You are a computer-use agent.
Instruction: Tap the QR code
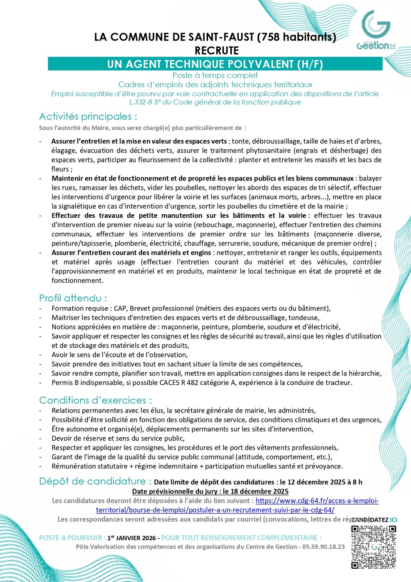[373, 547]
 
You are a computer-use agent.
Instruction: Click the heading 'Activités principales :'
[88, 117]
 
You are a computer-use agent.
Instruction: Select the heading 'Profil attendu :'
[73, 298]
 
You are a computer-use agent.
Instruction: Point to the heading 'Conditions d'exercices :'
[95, 400]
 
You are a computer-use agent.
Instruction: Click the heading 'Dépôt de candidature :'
[95, 481]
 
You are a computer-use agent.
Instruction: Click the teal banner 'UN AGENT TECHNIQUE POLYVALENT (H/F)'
[215, 64]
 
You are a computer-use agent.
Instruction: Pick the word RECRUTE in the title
[216, 51]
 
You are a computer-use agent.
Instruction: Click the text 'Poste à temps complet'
[215, 75]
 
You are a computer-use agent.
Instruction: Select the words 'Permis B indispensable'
[86, 383]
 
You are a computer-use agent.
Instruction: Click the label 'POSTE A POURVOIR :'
[72, 538]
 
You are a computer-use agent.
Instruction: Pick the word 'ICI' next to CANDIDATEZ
[393, 520]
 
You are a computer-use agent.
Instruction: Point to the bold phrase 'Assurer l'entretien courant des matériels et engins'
[131, 253]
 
